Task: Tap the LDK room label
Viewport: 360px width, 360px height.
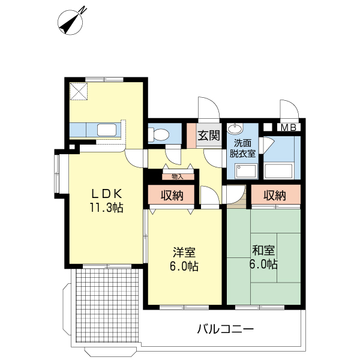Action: [107, 193]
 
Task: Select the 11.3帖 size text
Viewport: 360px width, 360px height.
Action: [107, 208]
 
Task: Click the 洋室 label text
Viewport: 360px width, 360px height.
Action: [184, 252]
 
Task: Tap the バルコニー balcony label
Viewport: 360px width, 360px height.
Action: [226, 329]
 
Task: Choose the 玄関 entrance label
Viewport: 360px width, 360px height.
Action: [208, 135]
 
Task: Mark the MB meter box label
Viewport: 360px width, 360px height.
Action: [289, 127]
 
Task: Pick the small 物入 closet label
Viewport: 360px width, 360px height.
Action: [178, 176]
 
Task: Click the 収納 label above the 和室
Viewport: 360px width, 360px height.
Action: [275, 195]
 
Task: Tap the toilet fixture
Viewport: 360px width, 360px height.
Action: [160, 134]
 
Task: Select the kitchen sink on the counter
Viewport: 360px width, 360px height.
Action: [107, 130]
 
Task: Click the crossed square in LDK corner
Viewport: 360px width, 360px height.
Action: [78, 91]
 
